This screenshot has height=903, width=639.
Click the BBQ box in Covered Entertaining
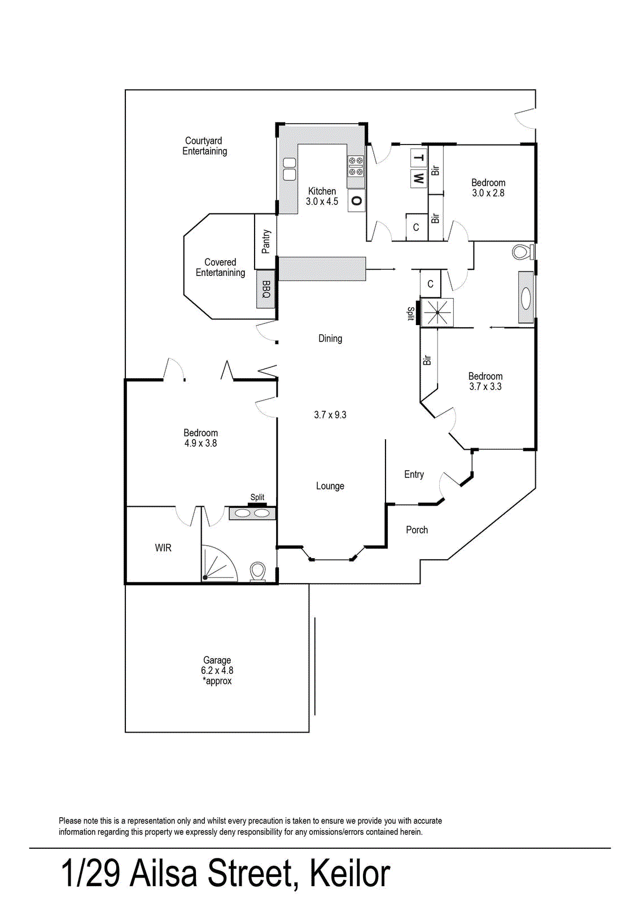click(x=266, y=289)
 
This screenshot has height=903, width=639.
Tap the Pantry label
click(x=266, y=242)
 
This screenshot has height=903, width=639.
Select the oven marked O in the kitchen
click(x=356, y=200)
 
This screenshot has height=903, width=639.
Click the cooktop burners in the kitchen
click(x=356, y=166)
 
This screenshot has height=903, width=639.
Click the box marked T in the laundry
click(x=418, y=157)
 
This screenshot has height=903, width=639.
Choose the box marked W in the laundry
click(x=418, y=178)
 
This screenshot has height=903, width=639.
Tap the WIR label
click(x=163, y=548)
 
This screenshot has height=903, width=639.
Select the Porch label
click(x=417, y=530)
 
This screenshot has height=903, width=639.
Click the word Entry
click(x=414, y=475)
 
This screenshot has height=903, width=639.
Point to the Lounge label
click(x=330, y=486)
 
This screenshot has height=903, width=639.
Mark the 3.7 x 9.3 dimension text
click(x=330, y=415)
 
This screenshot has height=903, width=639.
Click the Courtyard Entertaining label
click(x=204, y=146)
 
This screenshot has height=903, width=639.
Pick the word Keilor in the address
click(x=349, y=874)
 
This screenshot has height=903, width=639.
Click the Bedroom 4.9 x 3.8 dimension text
click(x=200, y=444)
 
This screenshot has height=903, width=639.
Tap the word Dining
click(x=330, y=339)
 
